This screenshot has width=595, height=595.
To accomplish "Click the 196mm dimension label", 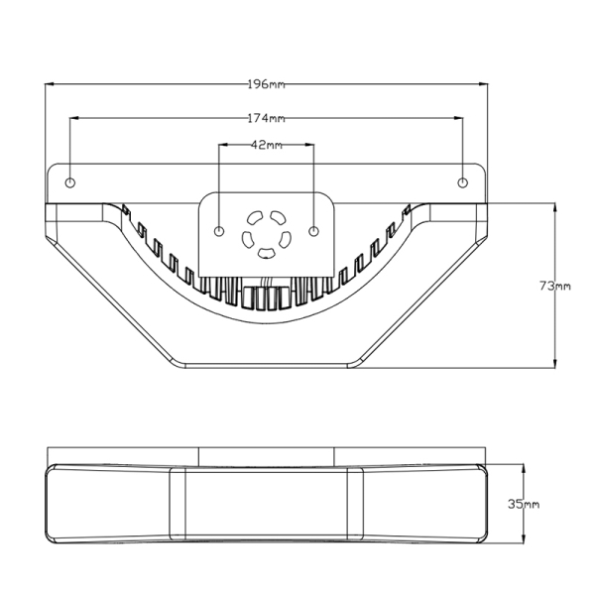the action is (266, 84).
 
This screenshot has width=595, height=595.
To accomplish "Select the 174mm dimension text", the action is (266, 118).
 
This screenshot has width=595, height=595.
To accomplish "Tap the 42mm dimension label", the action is (267, 145).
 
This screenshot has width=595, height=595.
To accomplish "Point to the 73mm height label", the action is (554, 286).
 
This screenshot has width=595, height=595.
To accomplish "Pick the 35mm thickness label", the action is (524, 505).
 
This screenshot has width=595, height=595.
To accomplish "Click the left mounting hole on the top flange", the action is (70, 182).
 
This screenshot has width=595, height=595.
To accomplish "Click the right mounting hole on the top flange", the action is (462, 182).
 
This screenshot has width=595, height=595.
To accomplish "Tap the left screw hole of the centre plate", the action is (219, 231).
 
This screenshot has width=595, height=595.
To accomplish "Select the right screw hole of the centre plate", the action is (313, 231).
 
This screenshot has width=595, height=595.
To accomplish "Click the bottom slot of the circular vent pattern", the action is (266, 253).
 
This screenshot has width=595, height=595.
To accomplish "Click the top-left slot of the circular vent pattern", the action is (254, 217).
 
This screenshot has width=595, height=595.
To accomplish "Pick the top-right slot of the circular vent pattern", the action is (278, 217).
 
